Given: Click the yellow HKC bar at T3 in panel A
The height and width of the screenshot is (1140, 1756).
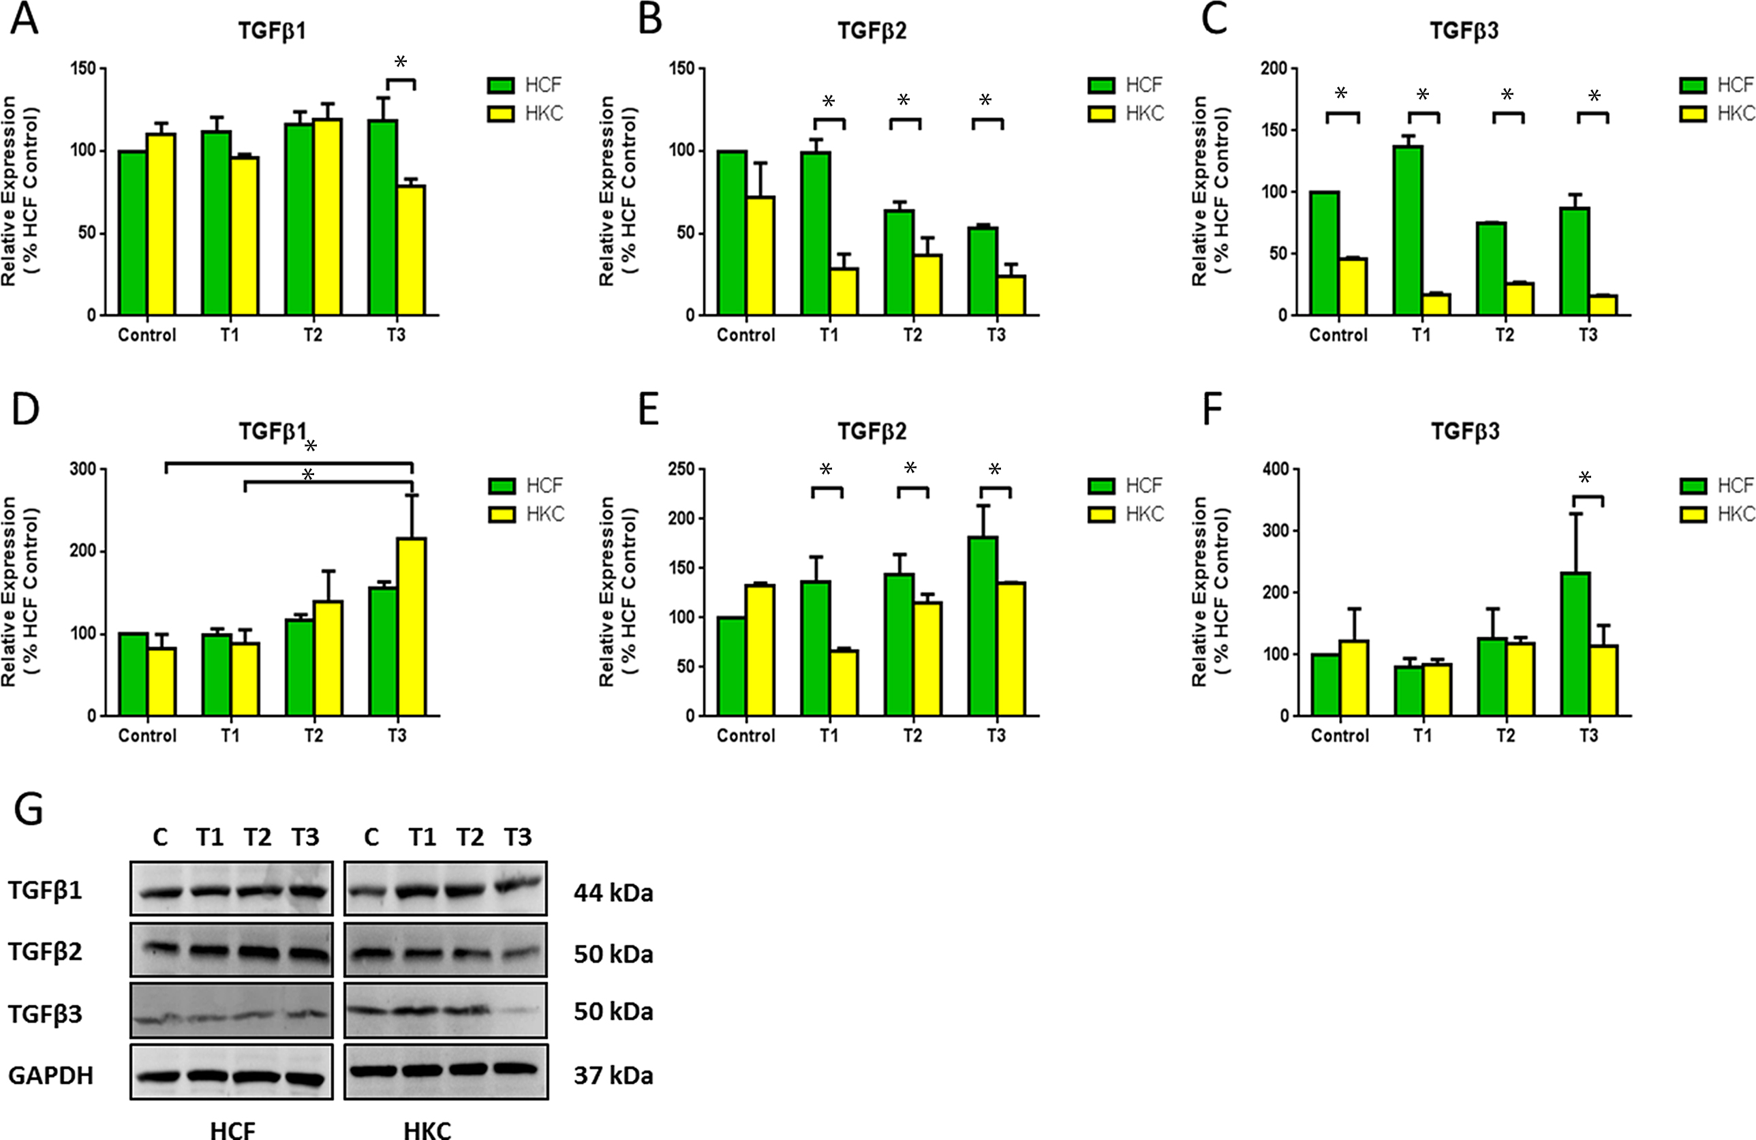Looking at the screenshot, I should tap(411, 251).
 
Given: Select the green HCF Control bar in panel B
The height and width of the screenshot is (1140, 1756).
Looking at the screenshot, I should tap(732, 233).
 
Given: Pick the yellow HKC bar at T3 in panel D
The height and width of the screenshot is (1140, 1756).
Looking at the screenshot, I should tap(411, 627).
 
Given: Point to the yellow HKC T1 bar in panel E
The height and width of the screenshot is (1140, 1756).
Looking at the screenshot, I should tap(844, 683).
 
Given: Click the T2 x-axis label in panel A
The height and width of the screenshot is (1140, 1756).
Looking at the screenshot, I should tap(313, 336).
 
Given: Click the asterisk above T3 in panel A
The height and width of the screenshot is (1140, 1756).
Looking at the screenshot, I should tap(401, 62).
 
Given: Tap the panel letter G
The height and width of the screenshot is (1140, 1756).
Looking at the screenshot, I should tap(28, 809).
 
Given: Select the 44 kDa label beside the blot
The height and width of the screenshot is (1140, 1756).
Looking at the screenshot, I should tap(613, 893).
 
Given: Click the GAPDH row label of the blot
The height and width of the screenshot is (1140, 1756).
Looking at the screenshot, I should tap(51, 1076).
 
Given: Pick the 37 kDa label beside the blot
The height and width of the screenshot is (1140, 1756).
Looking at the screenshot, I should tap(613, 1076).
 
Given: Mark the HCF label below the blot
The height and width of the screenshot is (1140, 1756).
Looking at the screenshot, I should tap(232, 1130).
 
